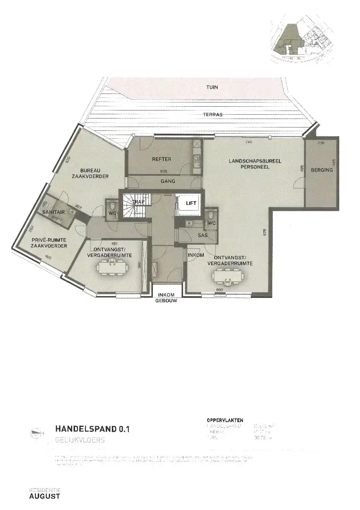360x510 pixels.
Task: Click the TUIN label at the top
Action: [x=211, y=87]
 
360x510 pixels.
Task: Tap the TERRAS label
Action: [x=213, y=115]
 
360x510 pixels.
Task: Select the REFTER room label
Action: [x=161, y=159]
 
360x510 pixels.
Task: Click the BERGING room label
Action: [x=321, y=170]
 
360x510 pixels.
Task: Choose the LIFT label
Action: [x=192, y=203]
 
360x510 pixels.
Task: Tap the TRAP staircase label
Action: [x=138, y=202]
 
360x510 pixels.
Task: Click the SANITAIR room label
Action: [x=53, y=212]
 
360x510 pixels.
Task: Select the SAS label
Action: [x=203, y=235]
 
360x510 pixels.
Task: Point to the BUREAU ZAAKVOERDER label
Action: [x=94, y=173]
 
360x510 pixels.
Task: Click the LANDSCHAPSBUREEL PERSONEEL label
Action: [x=255, y=164]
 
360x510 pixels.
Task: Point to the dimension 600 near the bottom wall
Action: [x=219, y=290]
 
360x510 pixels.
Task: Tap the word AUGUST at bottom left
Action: [x=44, y=496]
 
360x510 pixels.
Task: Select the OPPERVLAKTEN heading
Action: [x=225, y=419]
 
